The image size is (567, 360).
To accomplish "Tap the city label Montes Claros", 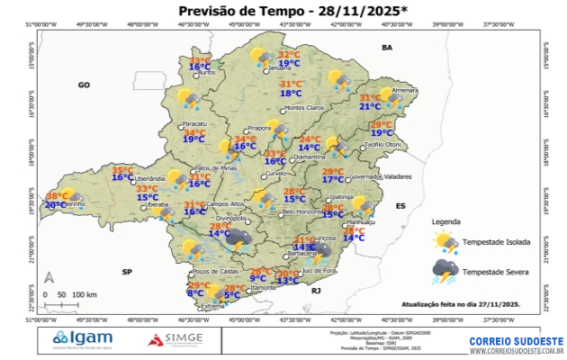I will coord(302,109).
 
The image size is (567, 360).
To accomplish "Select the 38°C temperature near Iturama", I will coord(57,196).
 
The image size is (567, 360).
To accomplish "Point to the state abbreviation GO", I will coord(84,85).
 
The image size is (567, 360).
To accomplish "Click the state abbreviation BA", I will coord(388,47).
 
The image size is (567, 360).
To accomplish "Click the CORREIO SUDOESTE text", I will coord(517,342).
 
